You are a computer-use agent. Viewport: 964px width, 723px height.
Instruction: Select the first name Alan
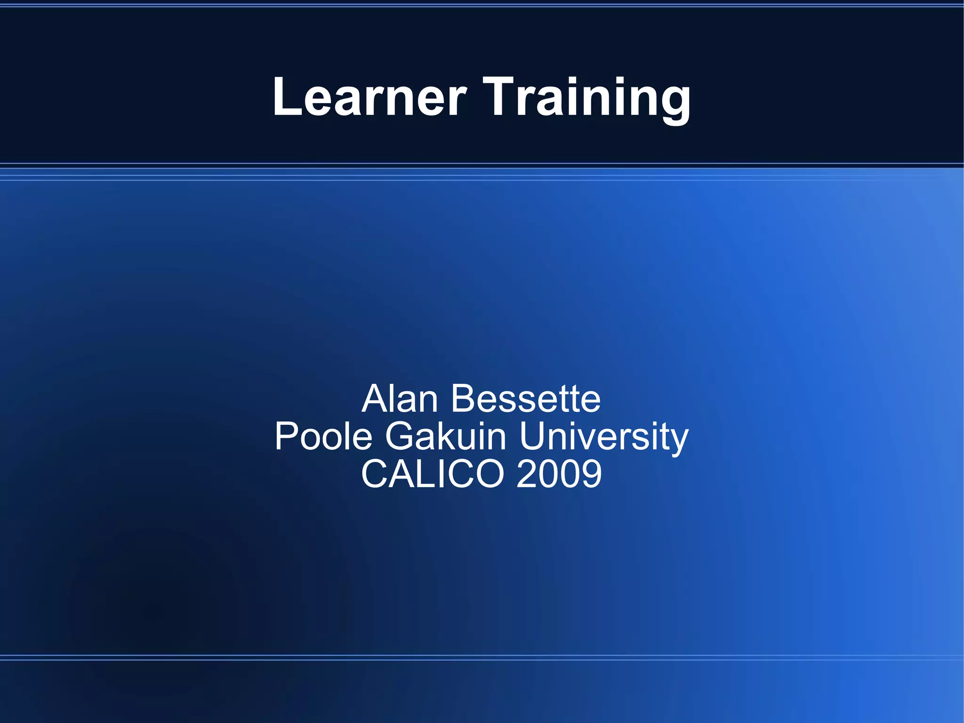pos(400,399)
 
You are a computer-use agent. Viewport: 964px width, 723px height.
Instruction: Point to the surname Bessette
pos(526,399)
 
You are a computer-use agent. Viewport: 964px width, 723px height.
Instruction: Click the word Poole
pos(324,437)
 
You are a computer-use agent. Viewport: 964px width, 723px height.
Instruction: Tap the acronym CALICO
pos(433,474)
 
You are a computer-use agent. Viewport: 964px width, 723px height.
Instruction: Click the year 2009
pos(559,474)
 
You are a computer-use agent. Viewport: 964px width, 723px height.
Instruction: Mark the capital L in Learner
pos(286,97)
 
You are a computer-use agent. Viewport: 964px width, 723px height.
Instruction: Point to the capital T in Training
pos(500,97)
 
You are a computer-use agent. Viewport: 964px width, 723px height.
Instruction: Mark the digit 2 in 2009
pos(526,474)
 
